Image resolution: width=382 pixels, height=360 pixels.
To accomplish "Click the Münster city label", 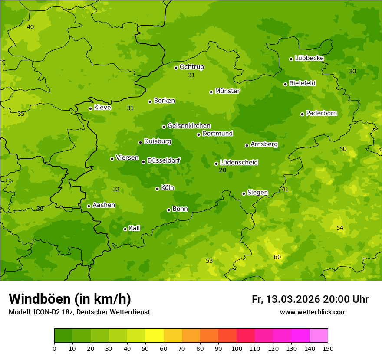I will coord(227,91).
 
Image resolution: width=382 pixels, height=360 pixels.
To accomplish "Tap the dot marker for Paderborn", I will coord(303,114).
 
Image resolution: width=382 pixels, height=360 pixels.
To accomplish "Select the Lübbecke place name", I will coord(309,58).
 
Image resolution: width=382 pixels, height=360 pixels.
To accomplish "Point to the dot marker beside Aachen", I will coord(89,206).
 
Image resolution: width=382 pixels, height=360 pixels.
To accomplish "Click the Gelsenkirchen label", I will coord(189,126).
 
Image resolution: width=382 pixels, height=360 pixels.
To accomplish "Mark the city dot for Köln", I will coord(158,189).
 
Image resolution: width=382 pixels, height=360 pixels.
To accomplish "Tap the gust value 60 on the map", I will coord(277,257).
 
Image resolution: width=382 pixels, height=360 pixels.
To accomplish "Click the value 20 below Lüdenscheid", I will coord(223,170).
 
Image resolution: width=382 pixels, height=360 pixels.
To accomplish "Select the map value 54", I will coord(340,228).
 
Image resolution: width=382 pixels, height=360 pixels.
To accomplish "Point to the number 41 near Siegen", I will coord(285,189).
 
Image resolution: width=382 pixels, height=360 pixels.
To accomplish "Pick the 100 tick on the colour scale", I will coord(237,348).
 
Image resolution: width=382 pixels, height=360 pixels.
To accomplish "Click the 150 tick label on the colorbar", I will coord(328,348).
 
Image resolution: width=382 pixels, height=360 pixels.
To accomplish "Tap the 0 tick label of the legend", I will coord(54,348).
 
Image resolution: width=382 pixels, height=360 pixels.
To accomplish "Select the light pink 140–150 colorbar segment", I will coord(319,336).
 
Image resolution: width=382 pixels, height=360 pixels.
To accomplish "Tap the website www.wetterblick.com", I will coord(313,312).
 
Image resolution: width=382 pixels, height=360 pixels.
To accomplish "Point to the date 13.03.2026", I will coord(293,299).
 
